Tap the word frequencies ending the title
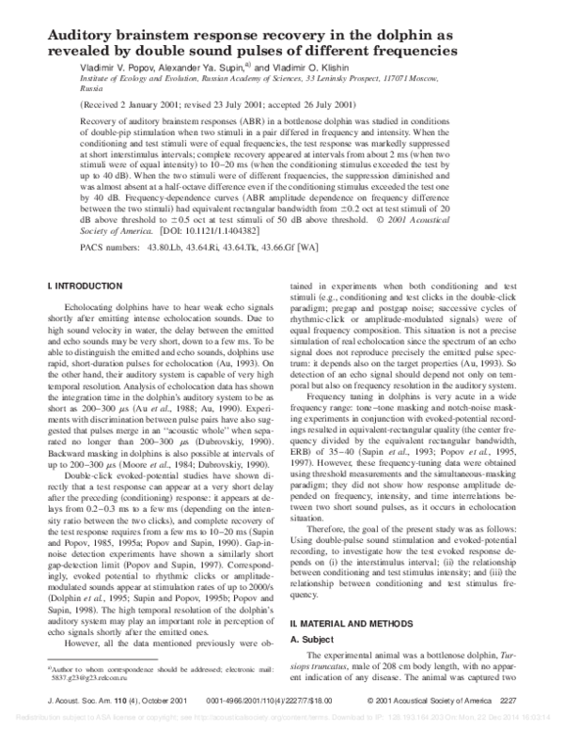(x=468, y=52)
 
